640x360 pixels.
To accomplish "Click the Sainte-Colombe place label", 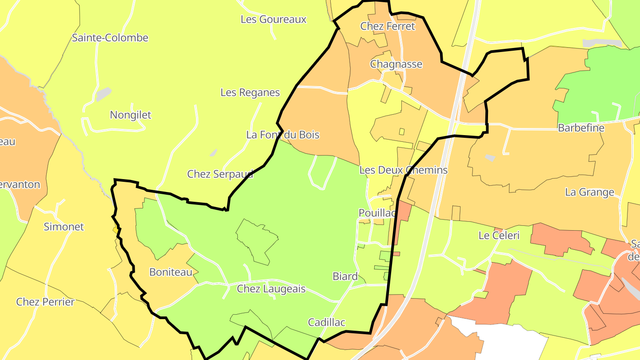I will [x=110, y=38].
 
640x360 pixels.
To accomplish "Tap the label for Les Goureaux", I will [x=273, y=20].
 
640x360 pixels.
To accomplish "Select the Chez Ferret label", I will [x=388, y=26].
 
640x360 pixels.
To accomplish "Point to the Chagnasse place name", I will [x=396, y=64].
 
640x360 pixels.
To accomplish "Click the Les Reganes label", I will [x=250, y=92].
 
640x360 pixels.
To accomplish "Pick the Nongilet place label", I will [x=131, y=115].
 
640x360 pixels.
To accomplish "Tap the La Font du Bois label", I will [x=283, y=135].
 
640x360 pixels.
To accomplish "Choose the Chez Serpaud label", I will [x=220, y=174].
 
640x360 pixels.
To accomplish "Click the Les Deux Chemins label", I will [x=403, y=170].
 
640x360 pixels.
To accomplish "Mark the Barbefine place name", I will [x=581, y=128].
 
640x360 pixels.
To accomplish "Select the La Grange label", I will [x=589, y=192].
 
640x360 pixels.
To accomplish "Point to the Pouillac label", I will [x=377, y=213].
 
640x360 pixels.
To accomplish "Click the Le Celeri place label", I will [x=499, y=236].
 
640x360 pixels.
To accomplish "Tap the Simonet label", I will [x=64, y=227].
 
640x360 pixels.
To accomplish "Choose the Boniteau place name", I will [x=170, y=272].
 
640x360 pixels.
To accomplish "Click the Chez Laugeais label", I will [x=271, y=289].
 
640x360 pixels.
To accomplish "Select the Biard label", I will [x=345, y=276].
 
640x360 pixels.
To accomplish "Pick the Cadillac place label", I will [x=327, y=322].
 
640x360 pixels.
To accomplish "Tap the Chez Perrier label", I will [x=45, y=302].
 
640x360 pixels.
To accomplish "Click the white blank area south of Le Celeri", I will [x=507, y=342].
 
